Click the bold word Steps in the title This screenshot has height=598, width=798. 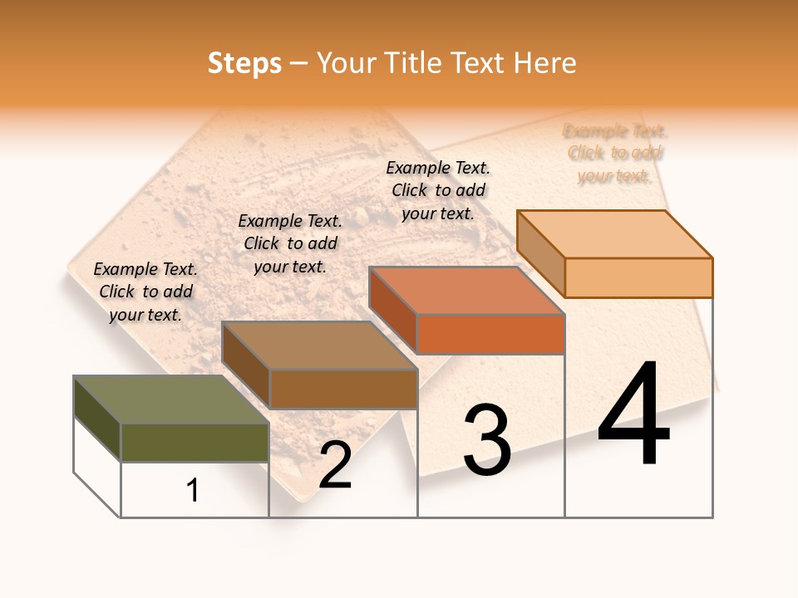coord(244,63)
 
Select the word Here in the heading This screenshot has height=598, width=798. coord(544,63)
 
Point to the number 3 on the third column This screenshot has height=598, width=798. coord(486,440)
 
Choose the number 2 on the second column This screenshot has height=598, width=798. coord(335,465)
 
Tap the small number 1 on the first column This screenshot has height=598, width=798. coord(193,491)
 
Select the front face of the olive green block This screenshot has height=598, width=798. coord(195,442)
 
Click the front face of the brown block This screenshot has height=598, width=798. coord(343,388)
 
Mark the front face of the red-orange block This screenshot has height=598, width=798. coord(490,334)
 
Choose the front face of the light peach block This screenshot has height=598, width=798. coord(638,277)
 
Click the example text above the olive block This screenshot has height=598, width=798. coord(145,292)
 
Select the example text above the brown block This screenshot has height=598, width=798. coord(290,243)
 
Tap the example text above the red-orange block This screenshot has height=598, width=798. coord(438,190)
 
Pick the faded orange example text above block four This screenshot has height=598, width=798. coord(614,153)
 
